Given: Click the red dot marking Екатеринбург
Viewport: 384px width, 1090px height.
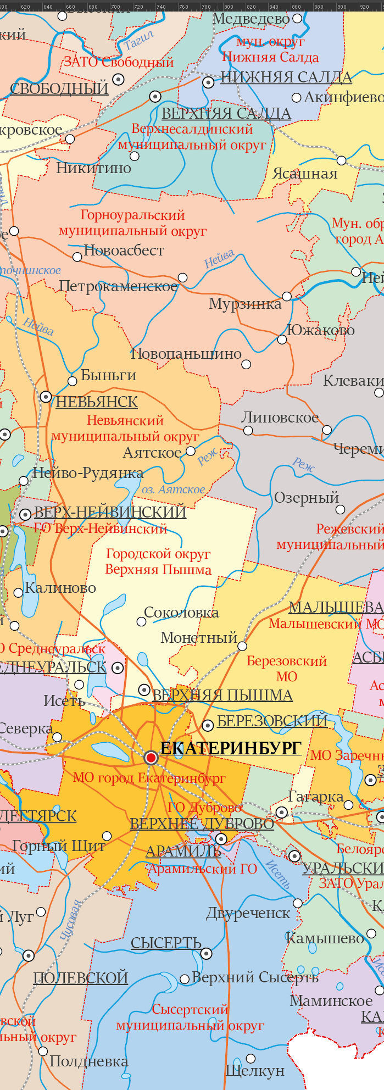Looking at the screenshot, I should pos(151,758).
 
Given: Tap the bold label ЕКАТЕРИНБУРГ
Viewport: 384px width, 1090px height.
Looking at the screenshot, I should pos(231,748).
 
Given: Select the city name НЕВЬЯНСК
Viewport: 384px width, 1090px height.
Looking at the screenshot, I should pos(97,402).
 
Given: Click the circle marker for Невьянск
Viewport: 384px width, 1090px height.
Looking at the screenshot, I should pos(46,396).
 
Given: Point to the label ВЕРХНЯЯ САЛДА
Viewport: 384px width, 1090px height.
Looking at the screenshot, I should pos(226,114).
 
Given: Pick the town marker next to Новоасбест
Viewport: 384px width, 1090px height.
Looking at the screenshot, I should pos(77,257).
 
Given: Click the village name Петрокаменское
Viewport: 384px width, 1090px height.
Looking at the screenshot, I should pos(119,286).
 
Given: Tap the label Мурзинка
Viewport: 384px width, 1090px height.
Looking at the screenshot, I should pos(245,304).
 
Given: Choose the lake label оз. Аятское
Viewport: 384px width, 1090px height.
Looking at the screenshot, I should pos(173,490).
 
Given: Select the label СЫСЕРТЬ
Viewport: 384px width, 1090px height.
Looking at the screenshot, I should pos(166,943).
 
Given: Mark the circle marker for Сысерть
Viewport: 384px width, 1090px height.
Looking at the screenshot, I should pos(207,954).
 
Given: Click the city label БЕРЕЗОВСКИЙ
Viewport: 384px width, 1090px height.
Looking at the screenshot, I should pos(272,721).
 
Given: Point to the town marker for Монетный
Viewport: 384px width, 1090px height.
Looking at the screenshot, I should pos(242,646).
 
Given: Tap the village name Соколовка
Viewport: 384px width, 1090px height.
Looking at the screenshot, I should pos(181,613).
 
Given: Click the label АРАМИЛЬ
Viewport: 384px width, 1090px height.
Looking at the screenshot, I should pos(183,852).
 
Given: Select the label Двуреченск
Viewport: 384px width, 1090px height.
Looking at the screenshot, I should pos(248,913).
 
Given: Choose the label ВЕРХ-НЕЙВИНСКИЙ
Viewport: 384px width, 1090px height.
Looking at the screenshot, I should pos(110,513).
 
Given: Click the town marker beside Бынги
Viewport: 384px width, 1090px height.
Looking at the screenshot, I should pos(73,381).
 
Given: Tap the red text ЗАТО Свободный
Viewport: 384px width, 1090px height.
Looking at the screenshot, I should pos(119,62).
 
